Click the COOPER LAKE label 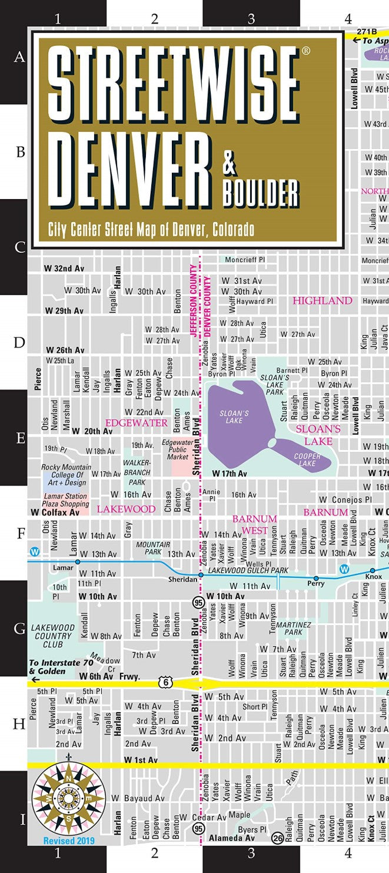pyautogui.click(x=307, y=459)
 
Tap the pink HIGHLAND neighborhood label pyautogui.click(x=322, y=300)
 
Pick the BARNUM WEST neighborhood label pyautogui.click(x=254, y=524)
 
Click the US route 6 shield pyautogui.click(x=162, y=682)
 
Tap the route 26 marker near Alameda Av pyautogui.click(x=277, y=837)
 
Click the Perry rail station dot pyautogui.click(x=316, y=578)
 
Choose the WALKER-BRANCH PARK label pyautogui.click(x=137, y=472)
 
